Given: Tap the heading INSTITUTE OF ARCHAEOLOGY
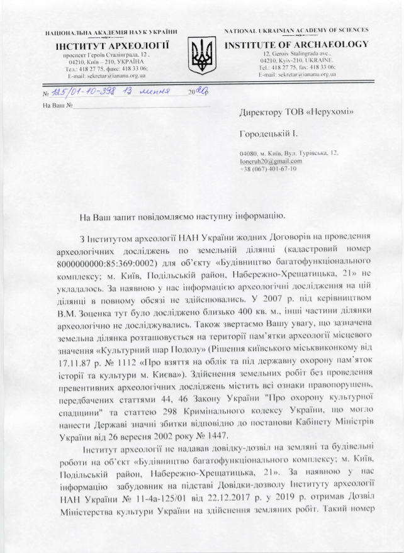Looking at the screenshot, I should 296,45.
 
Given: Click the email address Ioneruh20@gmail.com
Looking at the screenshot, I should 267,162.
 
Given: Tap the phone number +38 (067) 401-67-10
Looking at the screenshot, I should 267,170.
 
